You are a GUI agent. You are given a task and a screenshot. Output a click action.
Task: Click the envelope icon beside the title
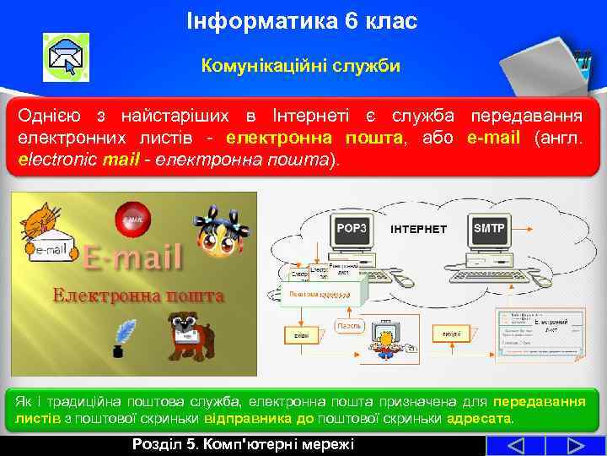[x=66, y=57]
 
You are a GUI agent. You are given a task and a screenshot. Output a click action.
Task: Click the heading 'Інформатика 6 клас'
[x=302, y=21]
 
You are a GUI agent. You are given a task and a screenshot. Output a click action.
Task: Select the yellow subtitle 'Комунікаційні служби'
[x=301, y=65]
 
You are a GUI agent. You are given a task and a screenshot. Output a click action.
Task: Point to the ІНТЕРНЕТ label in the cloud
[x=419, y=229]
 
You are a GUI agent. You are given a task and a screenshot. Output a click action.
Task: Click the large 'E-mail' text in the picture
[x=132, y=258]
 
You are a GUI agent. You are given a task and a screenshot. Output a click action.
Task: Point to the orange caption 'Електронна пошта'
[x=138, y=296]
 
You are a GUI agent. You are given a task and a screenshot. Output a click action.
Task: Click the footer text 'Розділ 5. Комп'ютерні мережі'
[x=244, y=445]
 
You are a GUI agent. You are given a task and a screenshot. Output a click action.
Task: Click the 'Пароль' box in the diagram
[x=350, y=325]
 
